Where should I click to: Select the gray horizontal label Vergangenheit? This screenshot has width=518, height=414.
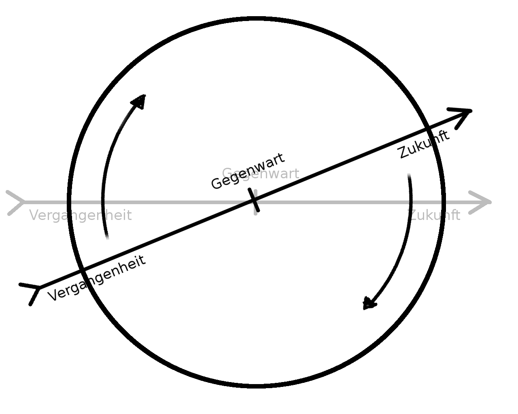(81, 215)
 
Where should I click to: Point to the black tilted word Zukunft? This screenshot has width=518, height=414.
(424, 144)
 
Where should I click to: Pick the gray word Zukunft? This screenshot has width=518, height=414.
(435, 215)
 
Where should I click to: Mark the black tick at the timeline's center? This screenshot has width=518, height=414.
(255, 200)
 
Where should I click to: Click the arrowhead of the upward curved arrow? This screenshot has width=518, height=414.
(140, 101)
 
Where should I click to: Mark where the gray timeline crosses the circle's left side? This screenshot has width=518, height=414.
(70, 202)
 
